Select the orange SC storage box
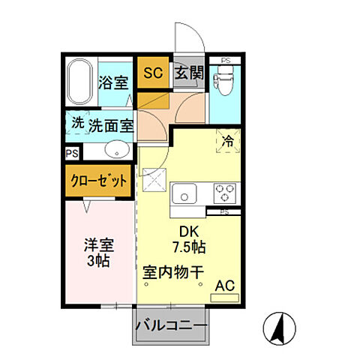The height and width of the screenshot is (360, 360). (153, 73)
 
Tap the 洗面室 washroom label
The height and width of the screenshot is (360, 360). (110, 125)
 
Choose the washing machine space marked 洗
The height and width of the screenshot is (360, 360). (77, 123)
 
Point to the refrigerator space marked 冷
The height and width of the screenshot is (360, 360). (226, 139)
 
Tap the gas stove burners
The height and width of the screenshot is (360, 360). (223, 193)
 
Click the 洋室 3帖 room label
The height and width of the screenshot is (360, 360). (98, 253)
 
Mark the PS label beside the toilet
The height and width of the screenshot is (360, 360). (224, 61)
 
